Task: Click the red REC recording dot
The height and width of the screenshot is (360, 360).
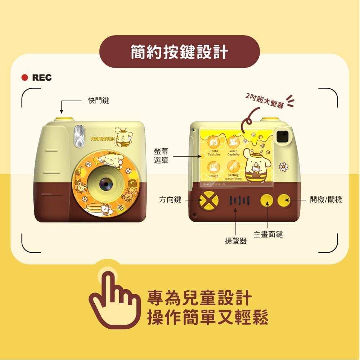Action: (x=25, y=77)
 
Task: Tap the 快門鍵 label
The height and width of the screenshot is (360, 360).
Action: (x=99, y=101)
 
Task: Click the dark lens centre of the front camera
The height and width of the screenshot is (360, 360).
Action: (x=106, y=184)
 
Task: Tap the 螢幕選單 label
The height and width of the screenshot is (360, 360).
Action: (x=161, y=156)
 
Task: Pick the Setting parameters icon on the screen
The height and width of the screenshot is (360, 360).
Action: (x=233, y=166)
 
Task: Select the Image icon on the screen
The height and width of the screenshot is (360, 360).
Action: (x=213, y=167)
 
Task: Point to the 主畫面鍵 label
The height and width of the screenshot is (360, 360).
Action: (x=268, y=234)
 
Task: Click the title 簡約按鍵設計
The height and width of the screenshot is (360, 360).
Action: (x=179, y=52)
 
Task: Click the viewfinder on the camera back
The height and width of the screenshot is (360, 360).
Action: (x=283, y=136)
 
